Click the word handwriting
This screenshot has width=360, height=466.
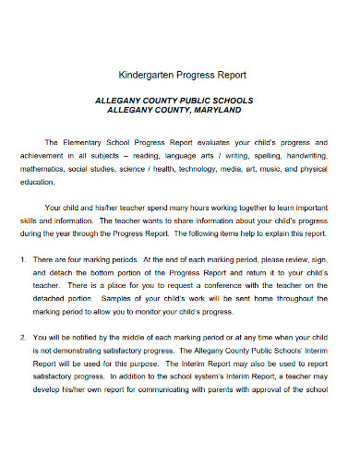tap(304, 157)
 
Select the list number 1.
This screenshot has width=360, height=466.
tap(22, 261)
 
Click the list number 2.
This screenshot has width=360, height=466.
tap(22, 339)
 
